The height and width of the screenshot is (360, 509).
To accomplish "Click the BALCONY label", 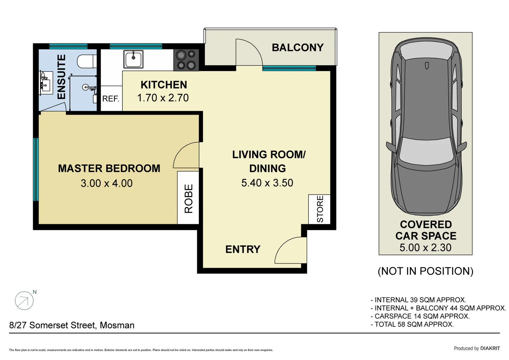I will click(x=297, y=48).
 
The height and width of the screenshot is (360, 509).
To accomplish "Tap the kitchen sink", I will click(x=133, y=59).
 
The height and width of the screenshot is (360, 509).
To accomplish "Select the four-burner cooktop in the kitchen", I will click(x=186, y=60).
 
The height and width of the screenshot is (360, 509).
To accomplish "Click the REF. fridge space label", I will click(x=111, y=99).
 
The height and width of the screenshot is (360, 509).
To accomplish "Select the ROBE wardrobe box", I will click(x=188, y=198).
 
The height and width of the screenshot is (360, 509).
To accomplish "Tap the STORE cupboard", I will click(x=319, y=209).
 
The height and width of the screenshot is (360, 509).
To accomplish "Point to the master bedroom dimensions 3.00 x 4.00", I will click(x=107, y=183).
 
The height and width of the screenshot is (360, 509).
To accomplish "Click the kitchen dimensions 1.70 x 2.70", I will click(x=163, y=98).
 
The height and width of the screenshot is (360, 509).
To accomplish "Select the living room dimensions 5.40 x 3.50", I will click(x=267, y=183).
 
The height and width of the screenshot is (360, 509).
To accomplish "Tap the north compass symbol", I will click(x=24, y=301).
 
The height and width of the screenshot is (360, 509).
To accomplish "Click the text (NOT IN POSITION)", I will click(x=425, y=271).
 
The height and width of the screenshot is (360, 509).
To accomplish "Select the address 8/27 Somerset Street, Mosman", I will click(x=72, y=325).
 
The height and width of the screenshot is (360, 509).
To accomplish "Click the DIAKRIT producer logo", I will click(x=490, y=348).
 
